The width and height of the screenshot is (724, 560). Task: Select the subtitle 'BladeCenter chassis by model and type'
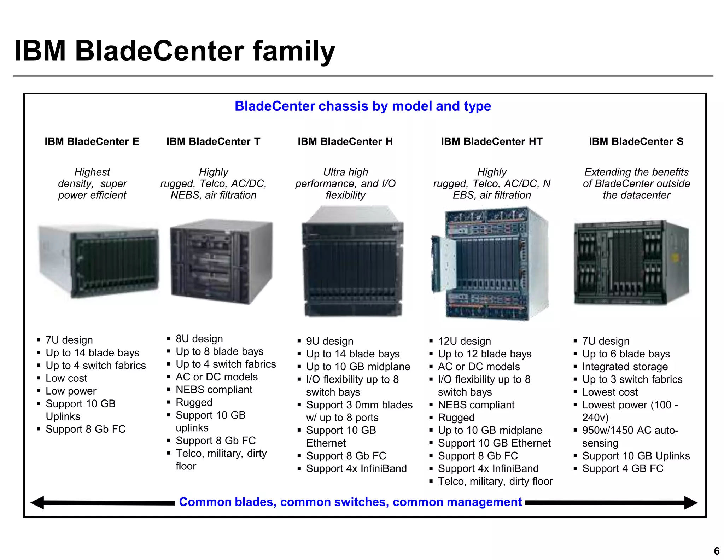point(363,106)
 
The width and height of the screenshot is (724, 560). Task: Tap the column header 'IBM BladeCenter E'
point(92,141)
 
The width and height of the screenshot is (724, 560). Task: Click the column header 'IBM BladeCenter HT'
point(491,141)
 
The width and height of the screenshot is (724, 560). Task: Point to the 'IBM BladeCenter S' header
point(636,141)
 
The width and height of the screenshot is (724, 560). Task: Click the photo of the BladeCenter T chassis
point(221,262)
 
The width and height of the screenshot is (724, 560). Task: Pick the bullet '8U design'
point(199,339)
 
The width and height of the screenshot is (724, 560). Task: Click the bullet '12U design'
point(464,341)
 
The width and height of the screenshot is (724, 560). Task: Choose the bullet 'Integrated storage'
point(625,367)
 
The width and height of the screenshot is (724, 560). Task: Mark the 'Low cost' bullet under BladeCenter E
point(66,378)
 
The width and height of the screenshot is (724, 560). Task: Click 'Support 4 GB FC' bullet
point(623,468)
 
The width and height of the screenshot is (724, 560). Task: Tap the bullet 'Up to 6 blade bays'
point(626,354)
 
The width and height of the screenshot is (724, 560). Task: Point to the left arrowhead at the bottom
point(37,503)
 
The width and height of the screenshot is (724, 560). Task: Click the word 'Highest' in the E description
point(92,172)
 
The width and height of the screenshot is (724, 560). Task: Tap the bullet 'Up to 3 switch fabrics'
point(632,379)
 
